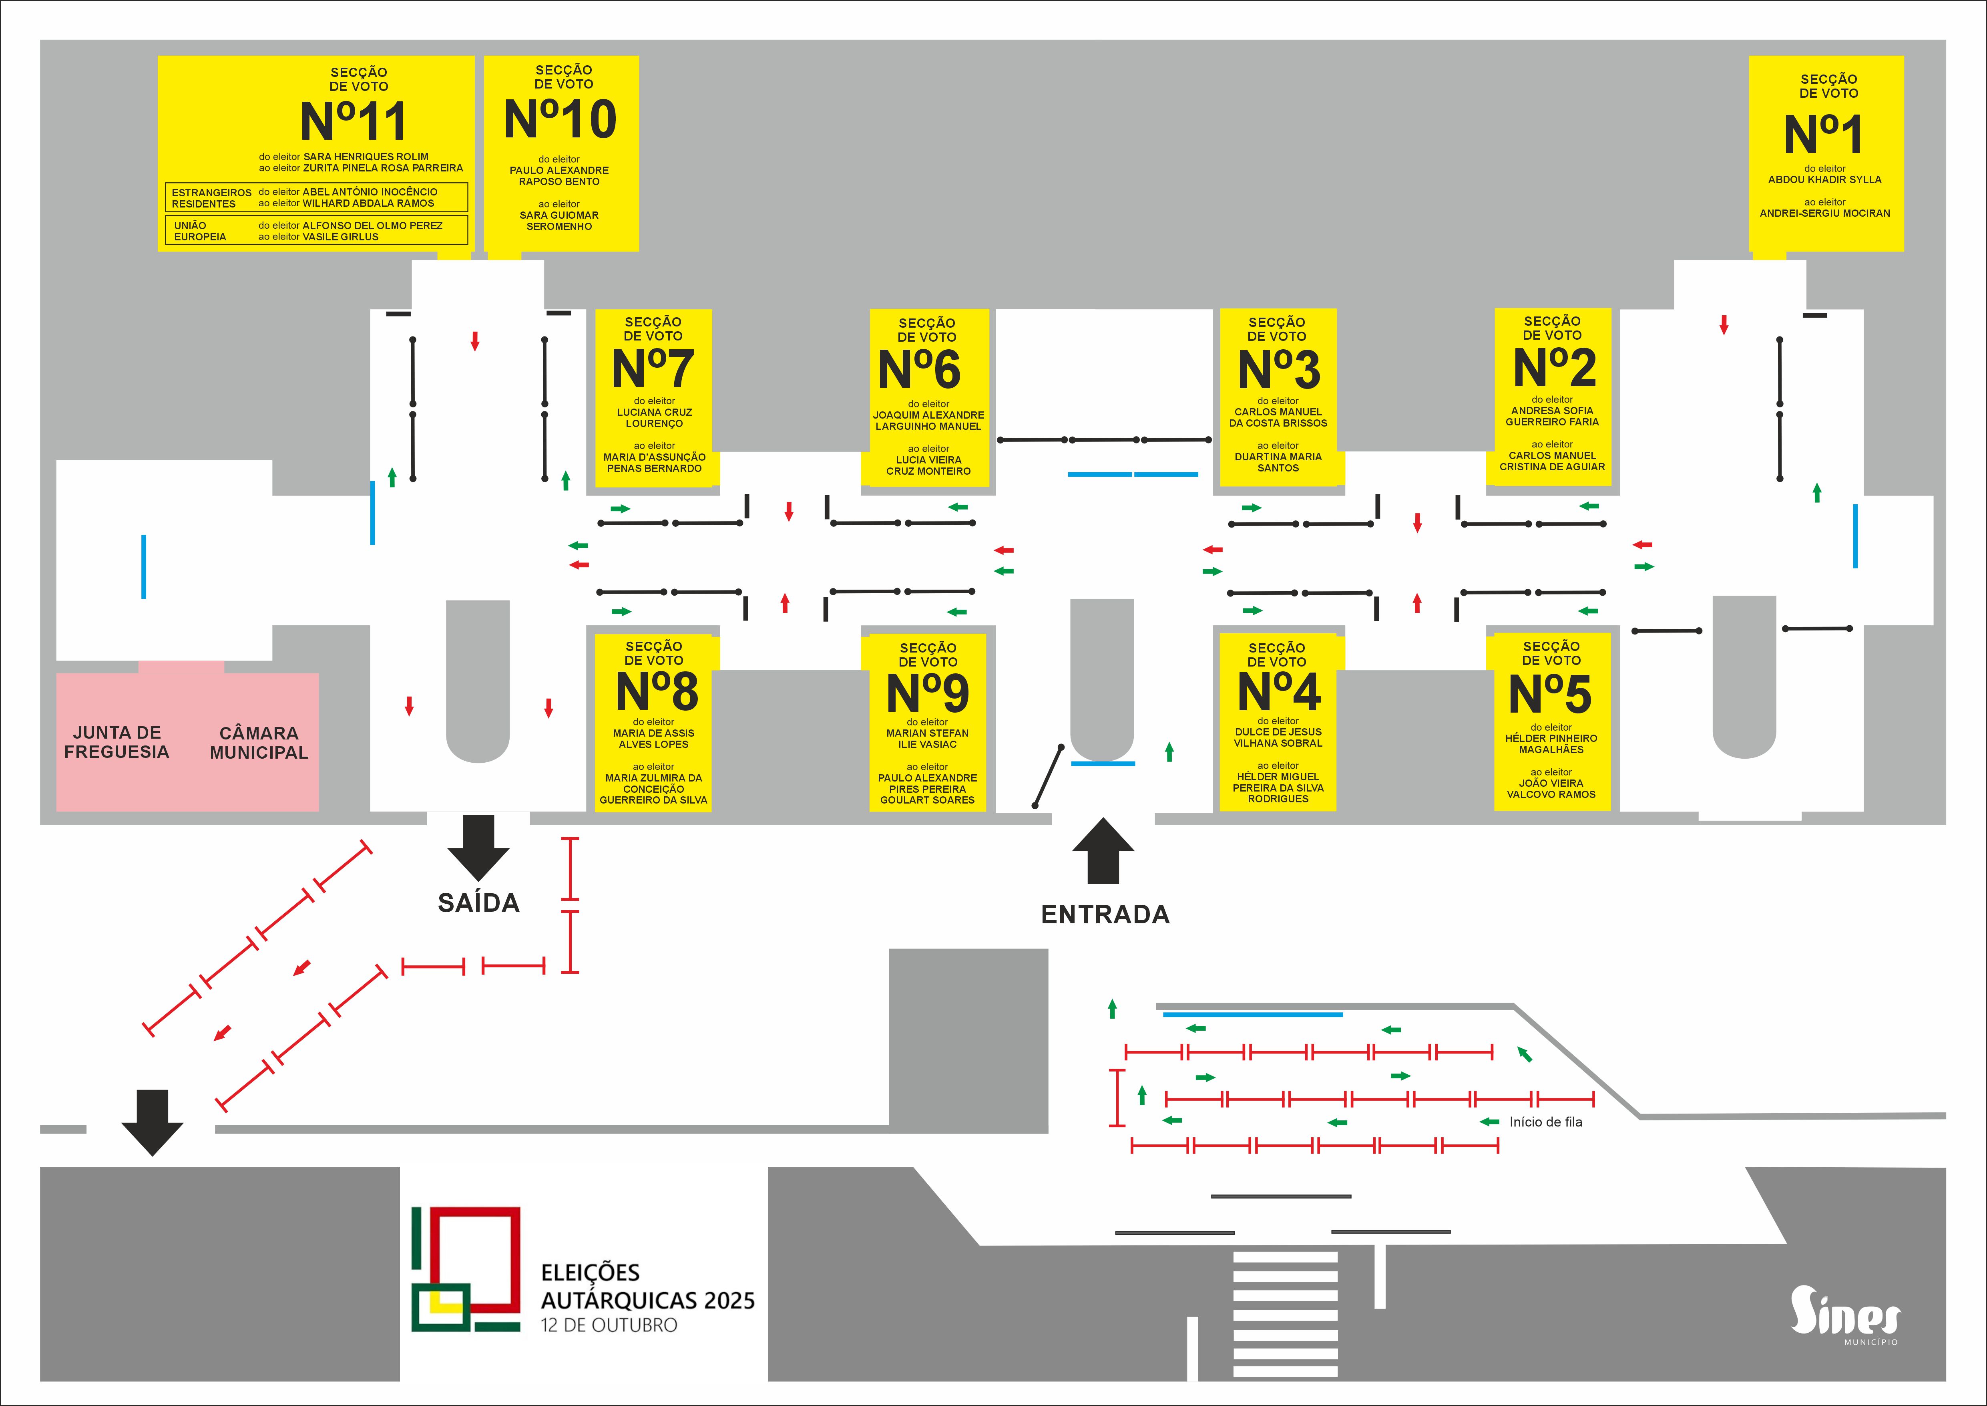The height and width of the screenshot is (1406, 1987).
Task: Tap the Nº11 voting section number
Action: click(x=353, y=121)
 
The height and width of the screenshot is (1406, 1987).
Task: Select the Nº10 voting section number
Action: click(x=561, y=119)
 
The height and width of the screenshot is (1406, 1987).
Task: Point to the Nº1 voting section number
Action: click(x=1823, y=134)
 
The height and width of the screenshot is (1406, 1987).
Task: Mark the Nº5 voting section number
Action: click(x=1550, y=693)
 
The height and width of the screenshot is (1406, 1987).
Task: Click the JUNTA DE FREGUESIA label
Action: click(x=117, y=742)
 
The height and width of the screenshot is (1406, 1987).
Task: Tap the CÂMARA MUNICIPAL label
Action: click(x=259, y=743)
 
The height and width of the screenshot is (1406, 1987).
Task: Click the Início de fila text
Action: click(x=1546, y=1122)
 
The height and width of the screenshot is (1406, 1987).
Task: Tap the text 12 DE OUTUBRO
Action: click(x=609, y=1325)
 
